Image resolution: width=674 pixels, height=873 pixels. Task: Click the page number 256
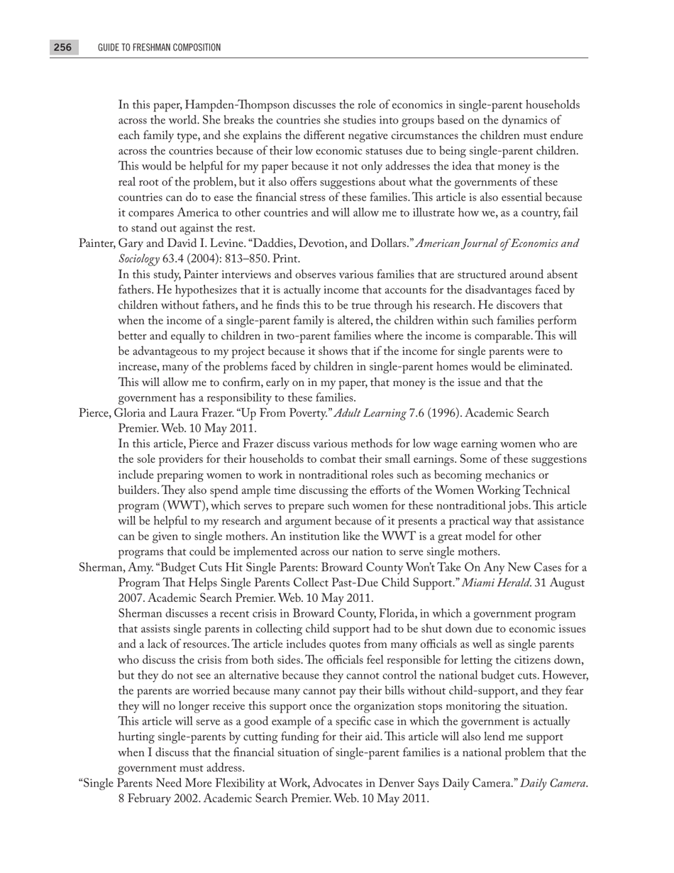click(x=62, y=48)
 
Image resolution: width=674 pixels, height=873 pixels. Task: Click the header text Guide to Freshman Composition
click(x=159, y=48)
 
